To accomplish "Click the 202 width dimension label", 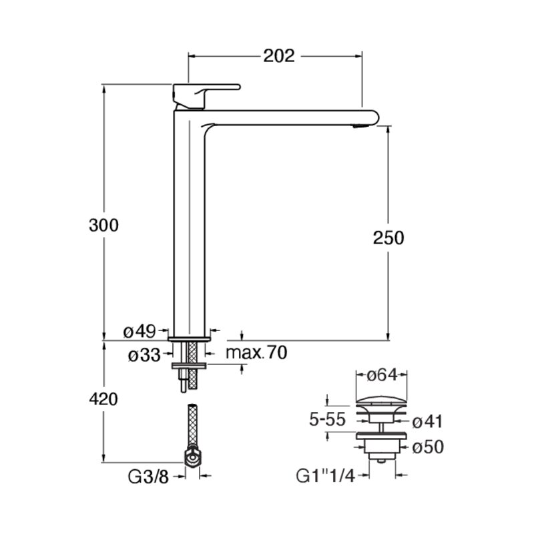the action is click(279, 56).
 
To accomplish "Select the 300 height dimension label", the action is click(103, 226).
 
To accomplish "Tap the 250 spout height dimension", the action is click(388, 238).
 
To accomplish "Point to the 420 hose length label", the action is click(103, 398).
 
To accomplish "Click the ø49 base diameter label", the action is click(140, 331).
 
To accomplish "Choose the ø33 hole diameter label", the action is click(144, 356).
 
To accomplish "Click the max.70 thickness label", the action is click(256, 353).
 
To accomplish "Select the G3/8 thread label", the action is click(148, 477).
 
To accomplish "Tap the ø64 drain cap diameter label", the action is click(382, 375).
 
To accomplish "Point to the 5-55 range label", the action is click(327, 419).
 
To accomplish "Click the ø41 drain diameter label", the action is click(427, 422).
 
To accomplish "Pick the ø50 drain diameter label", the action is click(428, 447).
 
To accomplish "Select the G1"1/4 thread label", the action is click(326, 476).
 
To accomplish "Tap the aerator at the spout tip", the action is click(360, 126).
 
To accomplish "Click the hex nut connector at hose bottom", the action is click(193, 457).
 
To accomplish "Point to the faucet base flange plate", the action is click(189, 339).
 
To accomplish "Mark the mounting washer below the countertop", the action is click(189, 366).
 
